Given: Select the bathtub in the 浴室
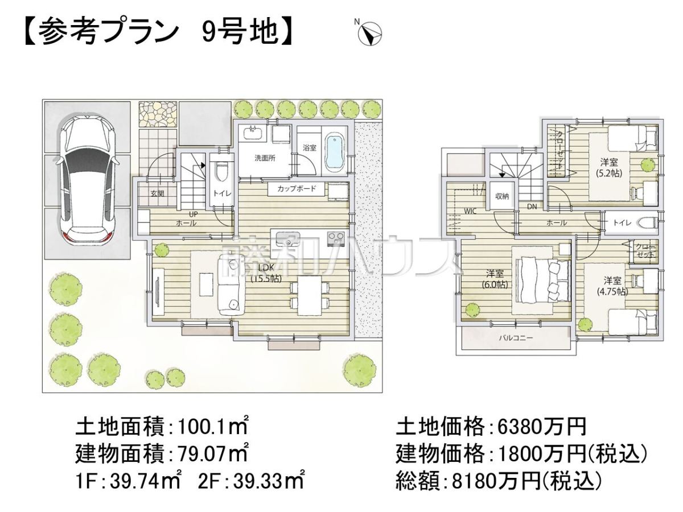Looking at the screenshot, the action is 335,153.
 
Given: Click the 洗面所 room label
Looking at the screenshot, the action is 265,158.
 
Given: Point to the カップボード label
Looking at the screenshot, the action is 297,188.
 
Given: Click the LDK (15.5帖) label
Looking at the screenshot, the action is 266,274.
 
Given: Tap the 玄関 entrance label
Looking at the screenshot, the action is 157,193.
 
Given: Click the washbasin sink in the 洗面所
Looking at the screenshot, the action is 254,133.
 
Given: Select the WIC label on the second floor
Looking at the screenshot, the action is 470,212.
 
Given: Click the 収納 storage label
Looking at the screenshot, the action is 501,196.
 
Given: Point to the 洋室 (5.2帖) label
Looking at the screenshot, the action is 609,167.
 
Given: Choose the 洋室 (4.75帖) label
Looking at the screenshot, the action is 612,286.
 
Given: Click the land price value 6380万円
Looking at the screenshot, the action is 542,427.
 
